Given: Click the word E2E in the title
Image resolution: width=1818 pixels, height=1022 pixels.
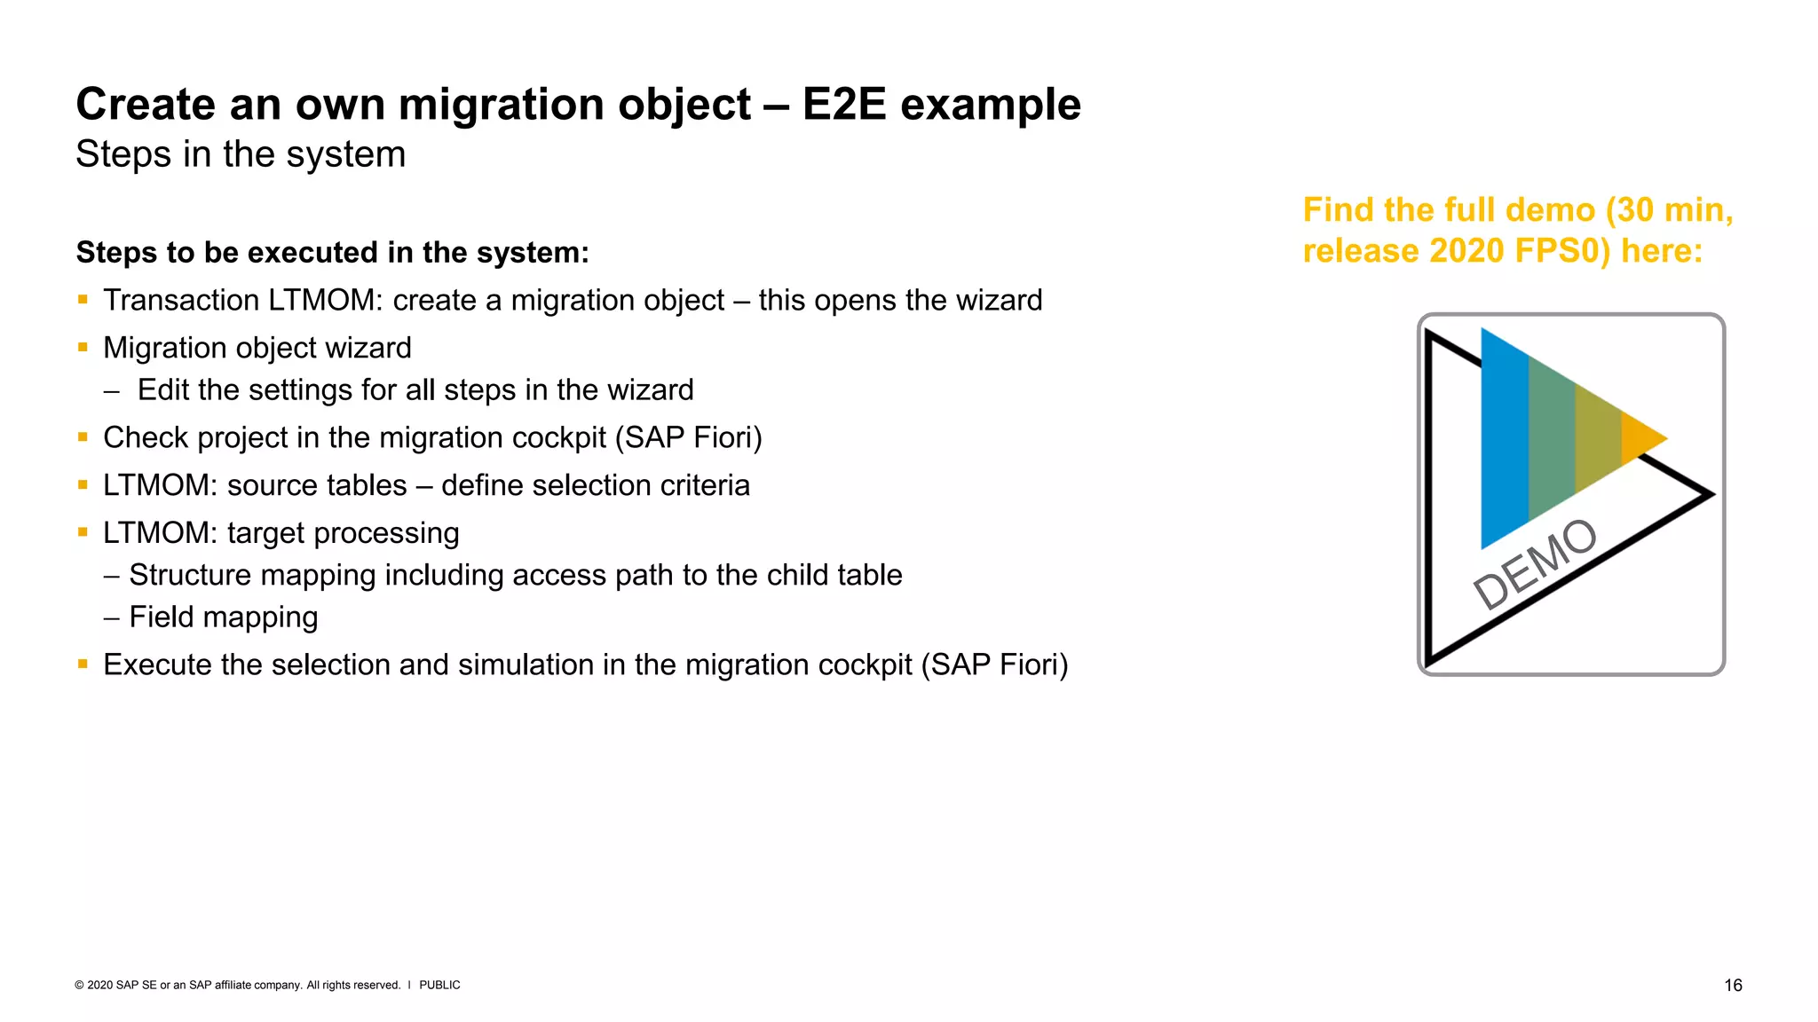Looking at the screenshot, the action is click(x=843, y=105).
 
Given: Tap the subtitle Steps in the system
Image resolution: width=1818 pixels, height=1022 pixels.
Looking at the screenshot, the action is click(x=241, y=154).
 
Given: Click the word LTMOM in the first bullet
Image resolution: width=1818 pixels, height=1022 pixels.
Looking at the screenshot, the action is click(x=323, y=301).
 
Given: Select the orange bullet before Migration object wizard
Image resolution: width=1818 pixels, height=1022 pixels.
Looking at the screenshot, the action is click(x=83, y=347).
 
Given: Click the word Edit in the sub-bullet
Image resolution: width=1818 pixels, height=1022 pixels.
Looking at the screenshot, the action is click(x=165, y=390).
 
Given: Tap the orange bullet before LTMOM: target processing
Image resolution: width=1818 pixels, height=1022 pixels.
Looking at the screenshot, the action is click(x=83, y=532).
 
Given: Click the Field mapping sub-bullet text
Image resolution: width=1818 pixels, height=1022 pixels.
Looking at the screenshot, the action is click(x=223, y=617).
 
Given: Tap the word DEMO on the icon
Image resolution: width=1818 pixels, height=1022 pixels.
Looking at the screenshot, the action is click(x=1535, y=564).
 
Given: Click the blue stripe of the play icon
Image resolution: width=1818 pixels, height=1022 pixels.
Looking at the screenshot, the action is click(x=1505, y=444).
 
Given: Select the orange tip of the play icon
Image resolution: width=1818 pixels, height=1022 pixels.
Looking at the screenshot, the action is click(x=1641, y=437).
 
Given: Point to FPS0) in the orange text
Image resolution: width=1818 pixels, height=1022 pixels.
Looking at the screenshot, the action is click(x=1562, y=251).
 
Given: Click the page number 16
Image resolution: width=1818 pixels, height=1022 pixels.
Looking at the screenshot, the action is click(x=1733, y=985).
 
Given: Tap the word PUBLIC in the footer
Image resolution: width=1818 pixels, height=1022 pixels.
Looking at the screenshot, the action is click(x=439, y=985).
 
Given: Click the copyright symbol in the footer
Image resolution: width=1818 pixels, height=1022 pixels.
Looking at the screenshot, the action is click(x=79, y=985).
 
